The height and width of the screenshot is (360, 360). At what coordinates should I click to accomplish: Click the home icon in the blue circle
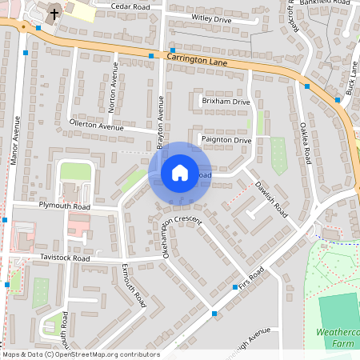pyautogui.click(x=180, y=172)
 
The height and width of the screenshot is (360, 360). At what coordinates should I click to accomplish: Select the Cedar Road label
pyautogui.click(x=130, y=6)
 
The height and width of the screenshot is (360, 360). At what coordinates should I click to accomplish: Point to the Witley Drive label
pyautogui.click(x=211, y=17)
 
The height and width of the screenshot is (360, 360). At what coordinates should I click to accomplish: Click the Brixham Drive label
pyautogui.click(x=226, y=103)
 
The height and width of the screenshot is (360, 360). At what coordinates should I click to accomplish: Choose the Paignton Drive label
pyautogui.click(x=227, y=141)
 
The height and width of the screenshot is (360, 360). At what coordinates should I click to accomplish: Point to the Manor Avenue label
pyautogui.click(x=15, y=141)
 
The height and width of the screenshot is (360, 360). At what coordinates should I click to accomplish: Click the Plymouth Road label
pyautogui.click(x=65, y=206)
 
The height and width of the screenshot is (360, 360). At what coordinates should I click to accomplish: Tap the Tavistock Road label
pyautogui.click(x=66, y=258)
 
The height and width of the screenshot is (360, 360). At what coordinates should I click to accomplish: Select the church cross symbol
pyautogui.click(x=54, y=14)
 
